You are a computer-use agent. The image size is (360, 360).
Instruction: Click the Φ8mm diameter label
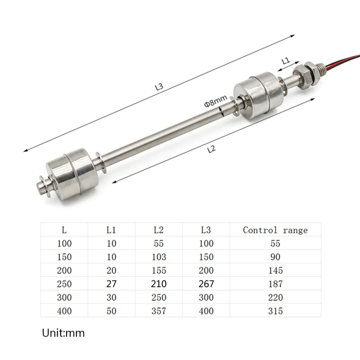(216, 101)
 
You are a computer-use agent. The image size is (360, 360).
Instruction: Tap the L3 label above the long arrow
(159, 86)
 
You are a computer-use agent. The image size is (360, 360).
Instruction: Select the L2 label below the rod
(211, 149)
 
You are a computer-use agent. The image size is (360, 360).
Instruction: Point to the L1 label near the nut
(286, 61)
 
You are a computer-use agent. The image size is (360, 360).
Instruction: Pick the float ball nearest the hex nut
(259, 95)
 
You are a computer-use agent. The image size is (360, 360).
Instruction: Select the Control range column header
(275, 230)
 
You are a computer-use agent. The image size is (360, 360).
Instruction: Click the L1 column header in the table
(111, 230)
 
